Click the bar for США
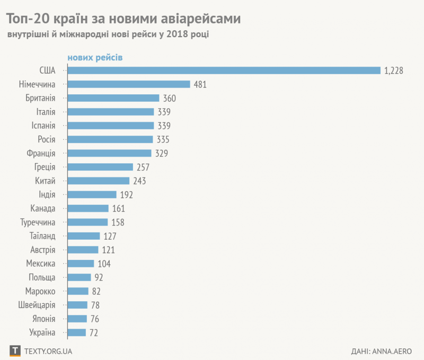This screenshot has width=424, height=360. pyautogui.click(x=224, y=71)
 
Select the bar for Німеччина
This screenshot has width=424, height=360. pyautogui.click(x=129, y=84)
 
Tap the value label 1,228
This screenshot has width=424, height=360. pyautogui.click(x=394, y=71)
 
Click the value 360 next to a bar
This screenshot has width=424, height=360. pyautogui.click(x=169, y=98)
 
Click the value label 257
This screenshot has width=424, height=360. pyautogui.click(x=143, y=167)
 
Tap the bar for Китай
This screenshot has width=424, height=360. pyautogui.click(x=99, y=181)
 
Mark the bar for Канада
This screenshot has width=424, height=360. pyautogui.click(x=88, y=208)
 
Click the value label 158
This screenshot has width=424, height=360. pyautogui.click(x=117, y=222)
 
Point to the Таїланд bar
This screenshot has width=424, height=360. pyautogui.click(x=84, y=236)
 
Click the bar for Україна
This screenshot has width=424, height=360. pyautogui.click(x=77, y=332)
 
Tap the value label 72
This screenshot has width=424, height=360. pyautogui.click(x=94, y=332)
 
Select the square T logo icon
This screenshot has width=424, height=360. pyautogui.click(x=15, y=350)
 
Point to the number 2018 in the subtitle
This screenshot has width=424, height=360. pyautogui.click(x=174, y=35)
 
